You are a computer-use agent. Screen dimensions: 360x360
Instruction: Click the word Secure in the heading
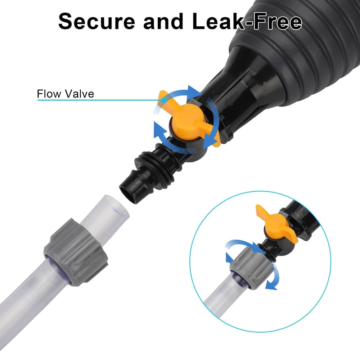click(x=96, y=21)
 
